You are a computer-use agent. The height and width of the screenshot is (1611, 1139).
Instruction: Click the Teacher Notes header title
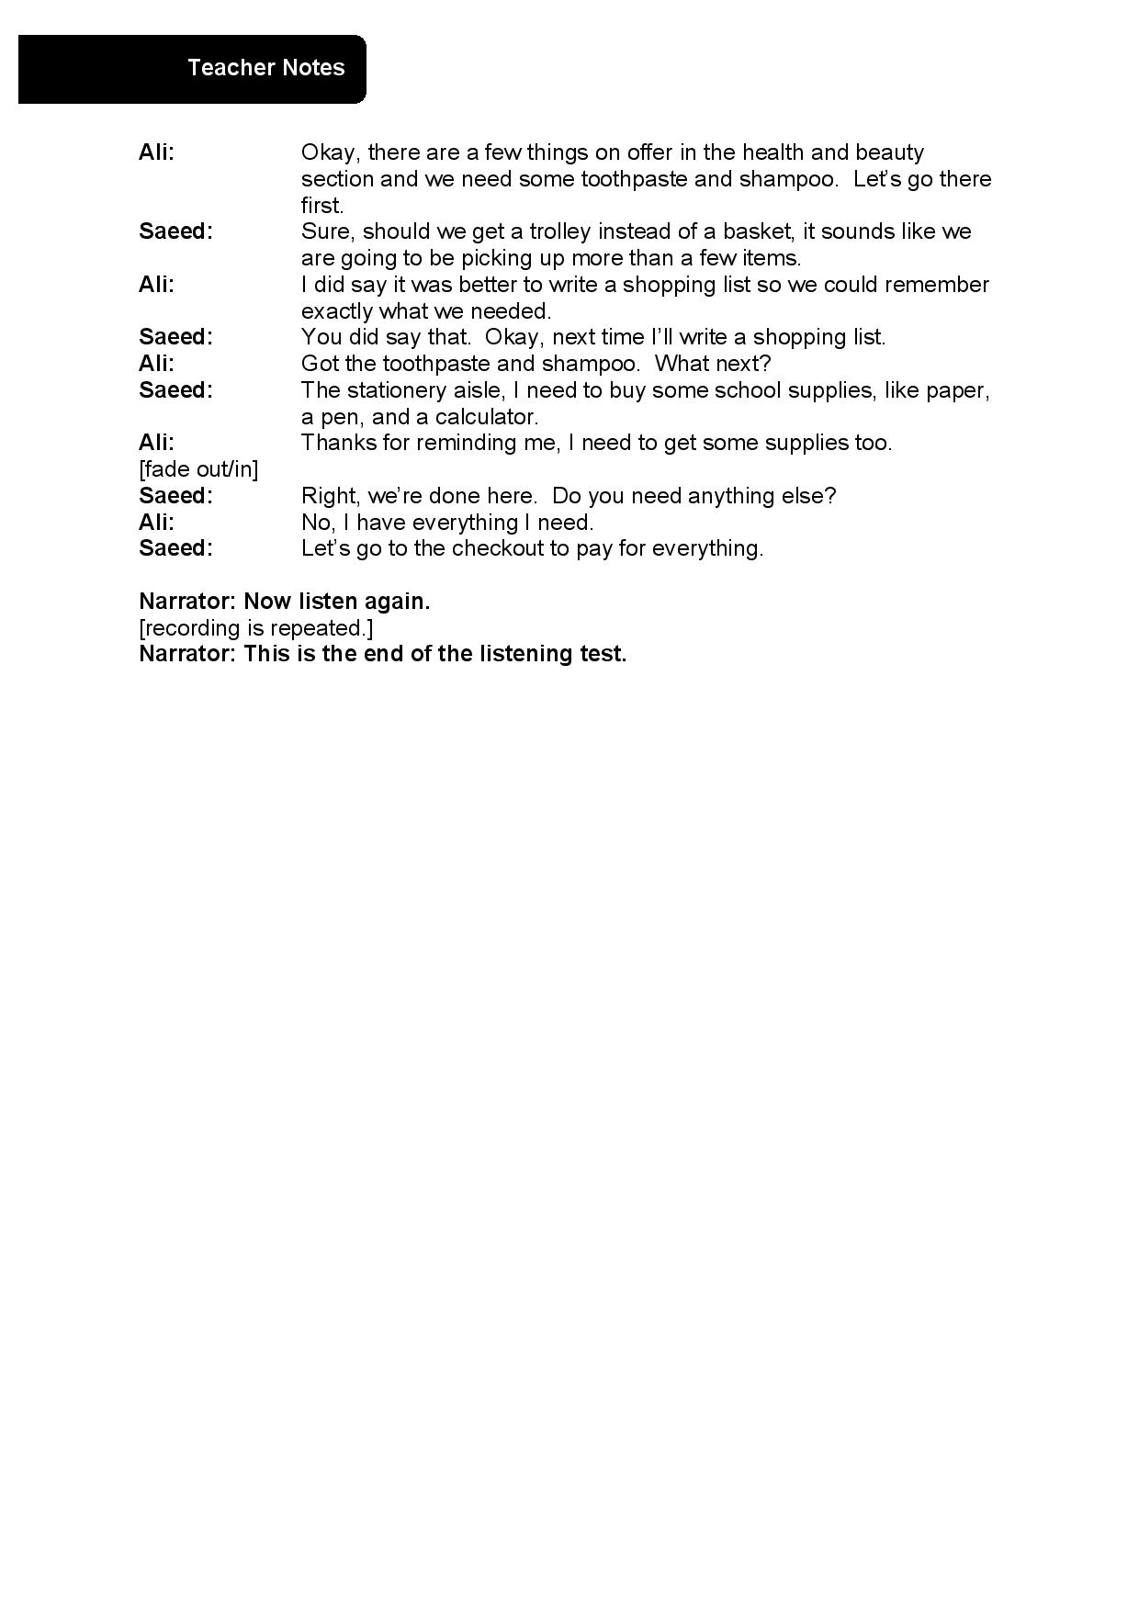[x=265, y=68]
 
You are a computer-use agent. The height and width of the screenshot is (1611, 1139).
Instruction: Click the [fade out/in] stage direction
[x=198, y=469]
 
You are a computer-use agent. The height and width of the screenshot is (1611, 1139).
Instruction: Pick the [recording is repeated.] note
[x=255, y=628]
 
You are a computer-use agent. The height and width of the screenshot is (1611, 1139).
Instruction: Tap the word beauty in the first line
[x=889, y=152]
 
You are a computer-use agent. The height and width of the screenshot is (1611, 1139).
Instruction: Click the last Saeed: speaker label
[x=175, y=549]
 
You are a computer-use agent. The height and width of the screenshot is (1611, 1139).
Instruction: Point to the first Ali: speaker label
[x=156, y=152]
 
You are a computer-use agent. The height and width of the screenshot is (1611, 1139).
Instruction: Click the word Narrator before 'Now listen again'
[x=187, y=603]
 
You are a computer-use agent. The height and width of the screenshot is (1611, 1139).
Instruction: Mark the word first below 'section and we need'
[x=321, y=206]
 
